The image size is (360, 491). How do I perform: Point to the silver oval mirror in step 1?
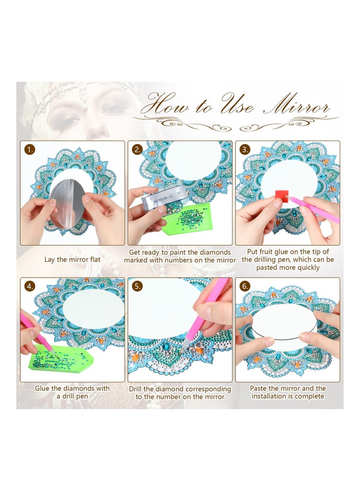pyautogui.click(x=67, y=203)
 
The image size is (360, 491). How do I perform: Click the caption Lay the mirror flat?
pyautogui.click(x=72, y=260)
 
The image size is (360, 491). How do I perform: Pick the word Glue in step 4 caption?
pyautogui.click(x=44, y=388)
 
